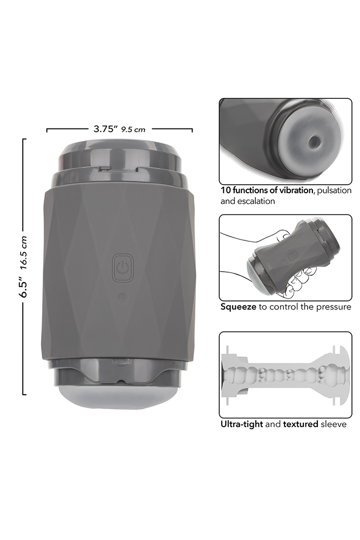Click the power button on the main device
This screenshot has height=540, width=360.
point(123,268)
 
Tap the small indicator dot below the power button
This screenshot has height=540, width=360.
point(122,297)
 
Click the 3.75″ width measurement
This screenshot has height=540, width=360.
point(105,129)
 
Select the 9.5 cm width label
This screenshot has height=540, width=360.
point(133,130)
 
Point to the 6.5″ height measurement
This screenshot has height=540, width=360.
point(24,287)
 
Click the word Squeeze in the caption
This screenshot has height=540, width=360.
point(238,307)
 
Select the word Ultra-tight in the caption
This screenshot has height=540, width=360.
point(242,424)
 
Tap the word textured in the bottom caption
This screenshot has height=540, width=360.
point(301,424)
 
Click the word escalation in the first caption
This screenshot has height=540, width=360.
point(255,201)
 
